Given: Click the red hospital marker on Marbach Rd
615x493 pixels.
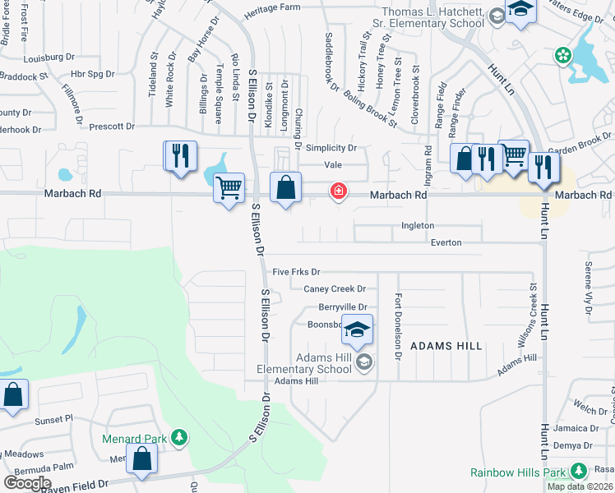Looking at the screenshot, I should [x=338, y=191].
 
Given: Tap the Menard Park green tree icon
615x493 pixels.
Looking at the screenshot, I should [x=178, y=439].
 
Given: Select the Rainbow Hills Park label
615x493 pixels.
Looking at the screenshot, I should [x=520, y=472].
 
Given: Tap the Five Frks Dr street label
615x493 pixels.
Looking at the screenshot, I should [x=296, y=271].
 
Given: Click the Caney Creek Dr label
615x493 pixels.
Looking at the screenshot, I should [x=335, y=288].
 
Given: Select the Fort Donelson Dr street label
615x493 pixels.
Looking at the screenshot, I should [x=398, y=327].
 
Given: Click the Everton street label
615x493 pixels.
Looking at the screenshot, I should [x=446, y=242].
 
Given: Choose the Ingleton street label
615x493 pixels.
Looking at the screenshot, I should [x=418, y=225].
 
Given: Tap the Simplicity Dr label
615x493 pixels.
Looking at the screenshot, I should [x=331, y=148].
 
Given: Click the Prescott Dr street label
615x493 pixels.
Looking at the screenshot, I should [x=112, y=127].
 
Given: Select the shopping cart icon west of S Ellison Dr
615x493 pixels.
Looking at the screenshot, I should [x=229, y=188].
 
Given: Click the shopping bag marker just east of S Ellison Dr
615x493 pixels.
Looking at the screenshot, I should [x=284, y=187].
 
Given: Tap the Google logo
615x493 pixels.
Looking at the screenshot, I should [x=27, y=482].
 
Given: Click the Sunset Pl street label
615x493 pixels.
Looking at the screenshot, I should [x=53, y=419].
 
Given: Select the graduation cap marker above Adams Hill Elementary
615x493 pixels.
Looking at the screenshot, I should [x=357, y=330].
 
